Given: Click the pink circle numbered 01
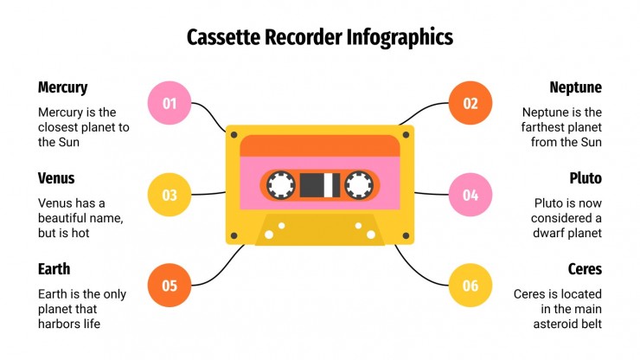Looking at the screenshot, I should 170,104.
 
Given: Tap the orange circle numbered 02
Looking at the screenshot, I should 470,104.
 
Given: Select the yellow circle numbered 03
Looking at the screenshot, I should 170,195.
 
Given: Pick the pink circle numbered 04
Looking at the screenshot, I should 470,195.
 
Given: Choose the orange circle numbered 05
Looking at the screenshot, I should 170,286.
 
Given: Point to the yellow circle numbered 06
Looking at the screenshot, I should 470,286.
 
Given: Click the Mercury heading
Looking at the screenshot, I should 62,87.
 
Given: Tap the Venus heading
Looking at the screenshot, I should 56,178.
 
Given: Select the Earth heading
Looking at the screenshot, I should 54,269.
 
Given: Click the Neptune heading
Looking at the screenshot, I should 575,87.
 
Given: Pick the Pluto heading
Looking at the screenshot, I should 586,178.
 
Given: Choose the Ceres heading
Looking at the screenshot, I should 585,269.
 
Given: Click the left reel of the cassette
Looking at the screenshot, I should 281,183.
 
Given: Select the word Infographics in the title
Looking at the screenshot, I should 400,37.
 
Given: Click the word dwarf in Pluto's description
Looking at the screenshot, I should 551,233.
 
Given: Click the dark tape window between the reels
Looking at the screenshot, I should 319,183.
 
